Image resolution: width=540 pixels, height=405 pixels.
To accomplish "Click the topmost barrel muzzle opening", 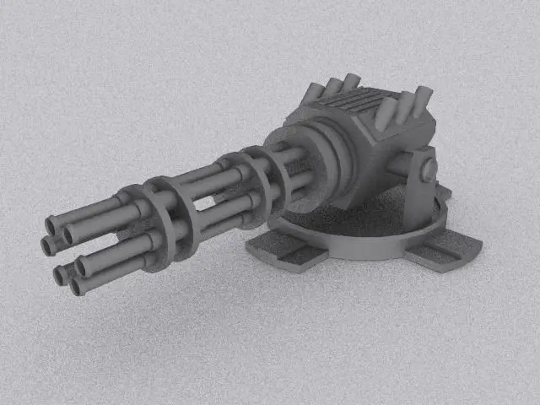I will coord(51,224).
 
